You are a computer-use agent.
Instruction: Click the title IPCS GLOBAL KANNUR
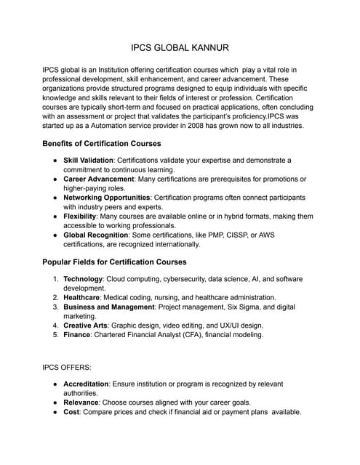[x=180, y=47]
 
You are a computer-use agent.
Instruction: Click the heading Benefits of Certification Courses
[x=102, y=144]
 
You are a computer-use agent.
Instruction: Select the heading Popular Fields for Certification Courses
[x=114, y=262]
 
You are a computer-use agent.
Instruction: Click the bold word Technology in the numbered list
[x=84, y=279]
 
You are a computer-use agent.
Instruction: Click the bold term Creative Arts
[x=85, y=325]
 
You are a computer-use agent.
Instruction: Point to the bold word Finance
[x=78, y=335]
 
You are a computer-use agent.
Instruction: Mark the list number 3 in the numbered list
[x=55, y=307]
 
